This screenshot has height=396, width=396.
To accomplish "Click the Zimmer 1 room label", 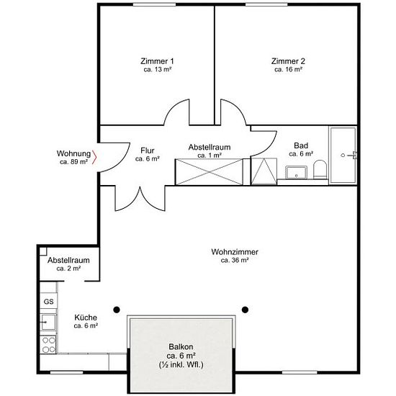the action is pyautogui.click(x=157, y=61).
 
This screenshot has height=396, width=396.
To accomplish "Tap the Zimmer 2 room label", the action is pyautogui.click(x=288, y=61).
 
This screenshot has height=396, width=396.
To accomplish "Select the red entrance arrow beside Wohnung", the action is pyautogui.click(x=94, y=157).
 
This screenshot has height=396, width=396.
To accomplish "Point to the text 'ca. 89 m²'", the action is pyautogui.click(x=73, y=162).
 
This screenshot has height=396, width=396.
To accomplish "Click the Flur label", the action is pyautogui.click(x=147, y=150).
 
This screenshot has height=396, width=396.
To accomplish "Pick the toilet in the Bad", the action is pyautogui.click(x=320, y=169).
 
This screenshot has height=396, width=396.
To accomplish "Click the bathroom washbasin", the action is pyautogui.click(x=296, y=172).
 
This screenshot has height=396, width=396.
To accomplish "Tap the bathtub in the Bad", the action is pyautogui.click(x=343, y=155).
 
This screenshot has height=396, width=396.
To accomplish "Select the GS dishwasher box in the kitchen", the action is pyautogui.click(x=48, y=301).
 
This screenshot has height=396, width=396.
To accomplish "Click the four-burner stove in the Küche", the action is pyautogui.click(x=49, y=345).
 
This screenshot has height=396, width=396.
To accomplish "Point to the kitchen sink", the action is pyautogui.click(x=48, y=323).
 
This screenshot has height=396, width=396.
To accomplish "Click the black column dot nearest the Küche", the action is pyautogui.click(x=117, y=310).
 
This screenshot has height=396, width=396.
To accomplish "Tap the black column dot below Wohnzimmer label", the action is pyautogui.click(x=245, y=310).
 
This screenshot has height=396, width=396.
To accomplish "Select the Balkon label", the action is pyautogui.click(x=181, y=346).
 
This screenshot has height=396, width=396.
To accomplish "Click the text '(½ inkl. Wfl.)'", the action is pyautogui.click(x=181, y=365).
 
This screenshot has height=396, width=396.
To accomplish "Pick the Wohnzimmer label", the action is pyautogui.click(x=235, y=252).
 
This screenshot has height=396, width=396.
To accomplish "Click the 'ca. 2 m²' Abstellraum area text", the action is pyautogui.click(x=68, y=269).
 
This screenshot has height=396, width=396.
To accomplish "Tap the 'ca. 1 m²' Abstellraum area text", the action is pyautogui.click(x=210, y=156).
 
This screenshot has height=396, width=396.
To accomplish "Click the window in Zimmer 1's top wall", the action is pyautogui.click(x=154, y=4).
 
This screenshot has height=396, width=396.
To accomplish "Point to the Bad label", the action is pyautogui.click(x=301, y=145).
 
